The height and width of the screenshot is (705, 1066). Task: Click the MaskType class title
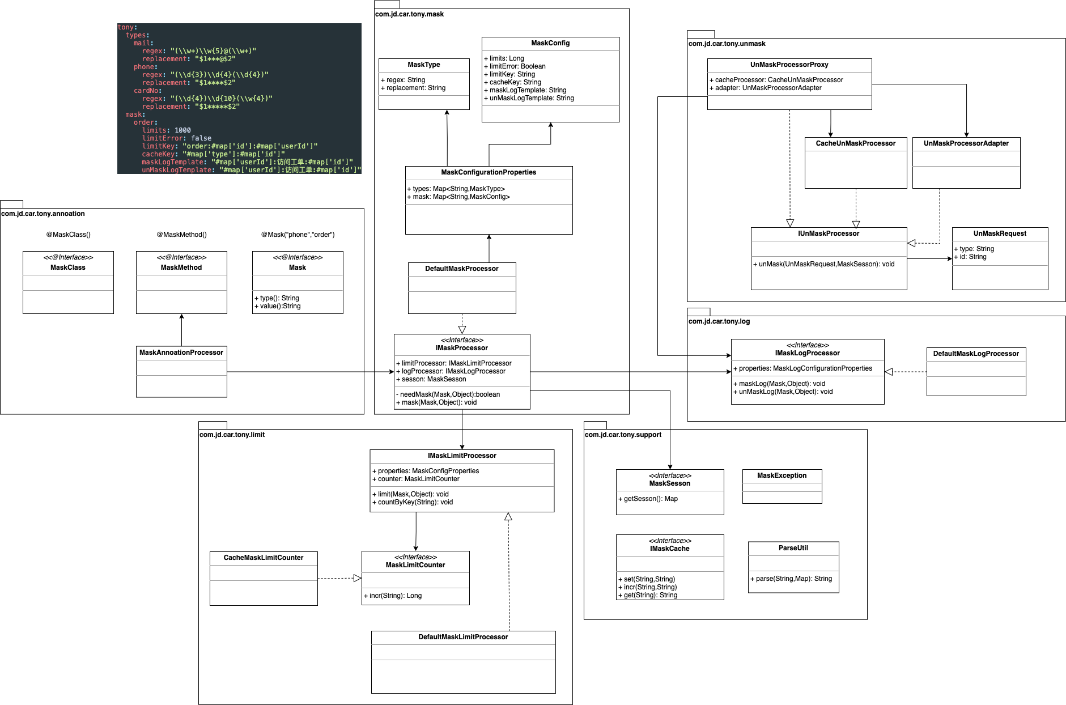pyautogui.click(x=424, y=65)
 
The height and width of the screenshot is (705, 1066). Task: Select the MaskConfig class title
pyautogui.click(x=550, y=43)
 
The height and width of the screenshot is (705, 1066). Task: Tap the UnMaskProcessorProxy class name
pyautogui.click(x=789, y=65)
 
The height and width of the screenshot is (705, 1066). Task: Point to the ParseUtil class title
pyautogui.click(x=793, y=548)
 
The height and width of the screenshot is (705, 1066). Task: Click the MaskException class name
pyautogui.click(x=782, y=475)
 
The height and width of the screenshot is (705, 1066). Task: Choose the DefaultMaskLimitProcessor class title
pyautogui.click(x=463, y=637)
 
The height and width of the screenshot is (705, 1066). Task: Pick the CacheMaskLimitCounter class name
pyautogui.click(x=264, y=558)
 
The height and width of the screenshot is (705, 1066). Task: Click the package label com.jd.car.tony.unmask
pyautogui.click(x=727, y=44)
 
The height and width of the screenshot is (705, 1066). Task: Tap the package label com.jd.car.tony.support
pyautogui.click(x=623, y=435)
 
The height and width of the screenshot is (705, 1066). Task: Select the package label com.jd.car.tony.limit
pyautogui.click(x=232, y=435)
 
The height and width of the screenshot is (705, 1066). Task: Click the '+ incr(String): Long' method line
pyautogui.click(x=393, y=596)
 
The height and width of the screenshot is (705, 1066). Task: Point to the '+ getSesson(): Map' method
pyautogui.click(x=648, y=499)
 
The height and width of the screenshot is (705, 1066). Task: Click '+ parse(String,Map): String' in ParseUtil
pyautogui.click(x=791, y=579)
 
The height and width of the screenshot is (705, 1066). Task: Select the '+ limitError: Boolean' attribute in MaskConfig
pyautogui.click(x=515, y=66)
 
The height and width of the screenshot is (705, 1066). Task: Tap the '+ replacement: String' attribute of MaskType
pyautogui.click(x=413, y=88)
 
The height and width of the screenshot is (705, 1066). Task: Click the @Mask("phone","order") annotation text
pyautogui.click(x=298, y=235)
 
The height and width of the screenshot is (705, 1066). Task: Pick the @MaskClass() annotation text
pyautogui.click(x=68, y=235)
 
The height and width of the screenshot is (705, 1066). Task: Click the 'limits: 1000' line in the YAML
pyautogui.click(x=167, y=130)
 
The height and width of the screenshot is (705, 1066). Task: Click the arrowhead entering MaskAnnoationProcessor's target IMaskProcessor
pyautogui.click(x=391, y=372)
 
